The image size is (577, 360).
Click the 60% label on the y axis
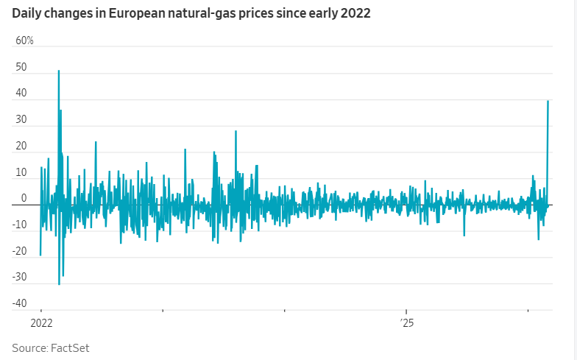(x=24, y=40)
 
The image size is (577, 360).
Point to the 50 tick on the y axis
(x=21, y=67)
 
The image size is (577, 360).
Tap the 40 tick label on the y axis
(x=21, y=93)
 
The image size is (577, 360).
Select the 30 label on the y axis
(x=21, y=120)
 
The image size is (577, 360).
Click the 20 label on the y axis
(x=21, y=147)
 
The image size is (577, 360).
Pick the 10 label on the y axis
(x=21, y=172)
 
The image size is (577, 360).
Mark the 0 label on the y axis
(x=24, y=199)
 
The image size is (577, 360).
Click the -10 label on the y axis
(x=19, y=225)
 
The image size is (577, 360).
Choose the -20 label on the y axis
(x=19, y=251)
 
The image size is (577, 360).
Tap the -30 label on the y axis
(x=19, y=278)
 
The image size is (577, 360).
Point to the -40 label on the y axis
(x=19, y=303)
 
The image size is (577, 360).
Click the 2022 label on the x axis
(x=41, y=322)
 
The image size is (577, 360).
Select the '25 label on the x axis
(x=407, y=322)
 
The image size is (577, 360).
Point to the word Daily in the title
(x=26, y=13)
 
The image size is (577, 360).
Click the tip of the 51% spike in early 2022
(x=59, y=71)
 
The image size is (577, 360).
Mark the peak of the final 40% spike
(x=548, y=101)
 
